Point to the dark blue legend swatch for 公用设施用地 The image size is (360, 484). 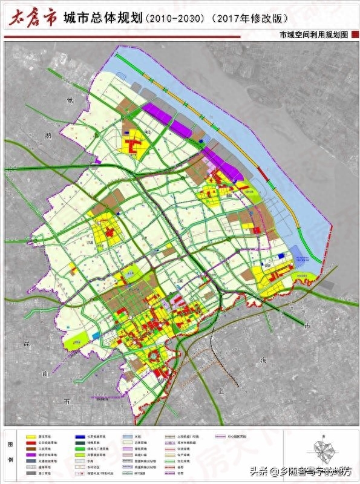(80, 436)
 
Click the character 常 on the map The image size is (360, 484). (71, 100)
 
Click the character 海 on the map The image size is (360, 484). (263, 359)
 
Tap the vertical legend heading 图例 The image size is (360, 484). (10, 454)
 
